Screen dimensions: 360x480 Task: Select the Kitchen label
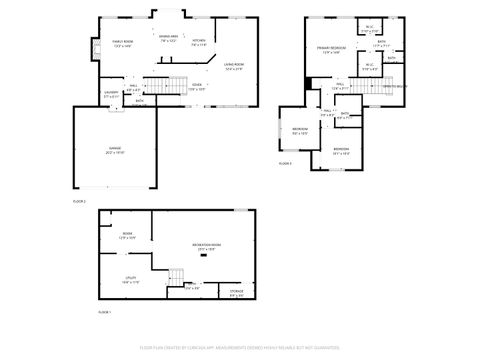[198, 42]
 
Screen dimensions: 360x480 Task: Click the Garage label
[116, 149]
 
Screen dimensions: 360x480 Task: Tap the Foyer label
[197, 87]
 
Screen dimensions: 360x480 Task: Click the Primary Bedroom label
[331, 50]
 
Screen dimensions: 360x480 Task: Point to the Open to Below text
[398, 87]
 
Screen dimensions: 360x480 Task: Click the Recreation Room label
[208, 247]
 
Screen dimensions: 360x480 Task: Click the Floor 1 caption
[104, 313]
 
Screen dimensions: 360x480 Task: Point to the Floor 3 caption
[285, 162]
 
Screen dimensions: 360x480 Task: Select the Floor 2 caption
[80, 201]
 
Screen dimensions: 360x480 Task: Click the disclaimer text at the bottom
[240, 347]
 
